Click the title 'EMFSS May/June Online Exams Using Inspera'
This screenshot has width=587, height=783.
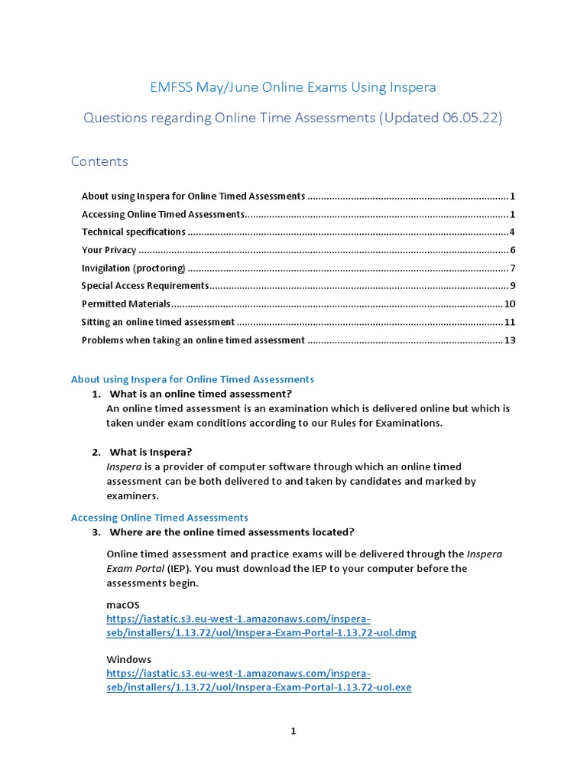293,87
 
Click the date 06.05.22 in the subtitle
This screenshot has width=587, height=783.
469,119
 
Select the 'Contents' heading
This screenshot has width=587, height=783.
99,161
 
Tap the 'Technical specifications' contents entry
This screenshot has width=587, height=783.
134,232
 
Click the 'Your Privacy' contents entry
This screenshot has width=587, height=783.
109,250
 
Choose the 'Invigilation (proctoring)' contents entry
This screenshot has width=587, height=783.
134,268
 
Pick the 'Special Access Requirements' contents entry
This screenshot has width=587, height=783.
145,286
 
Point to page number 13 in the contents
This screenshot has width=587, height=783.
510,340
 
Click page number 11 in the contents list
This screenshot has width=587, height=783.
510,322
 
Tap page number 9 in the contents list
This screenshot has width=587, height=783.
513,286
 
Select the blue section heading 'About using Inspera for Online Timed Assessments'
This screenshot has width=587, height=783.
193,379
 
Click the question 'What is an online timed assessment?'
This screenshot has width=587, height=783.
201,394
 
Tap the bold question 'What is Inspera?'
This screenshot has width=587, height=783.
151,452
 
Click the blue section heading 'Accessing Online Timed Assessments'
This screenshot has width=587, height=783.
160,518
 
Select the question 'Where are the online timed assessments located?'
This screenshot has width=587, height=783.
232,532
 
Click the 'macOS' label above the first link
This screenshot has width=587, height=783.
123,605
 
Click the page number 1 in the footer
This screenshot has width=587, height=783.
293,731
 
